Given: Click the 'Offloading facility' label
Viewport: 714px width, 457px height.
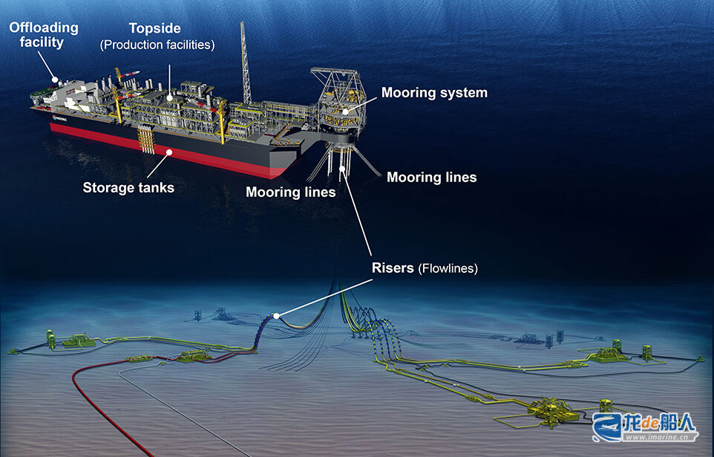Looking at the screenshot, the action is click(x=44, y=35).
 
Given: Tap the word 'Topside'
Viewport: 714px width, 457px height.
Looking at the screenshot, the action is click(x=155, y=28).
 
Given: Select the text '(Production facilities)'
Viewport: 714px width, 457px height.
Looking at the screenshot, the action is click(x=157, y=45).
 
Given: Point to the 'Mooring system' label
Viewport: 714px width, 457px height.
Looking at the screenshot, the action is click(x=434, y=93).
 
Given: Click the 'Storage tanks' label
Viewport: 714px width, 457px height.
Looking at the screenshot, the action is click(x=128, y=187).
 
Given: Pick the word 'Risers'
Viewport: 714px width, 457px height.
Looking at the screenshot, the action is click(x=393, y=268).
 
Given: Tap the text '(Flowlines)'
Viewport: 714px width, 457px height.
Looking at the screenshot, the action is click(x=448, y=268).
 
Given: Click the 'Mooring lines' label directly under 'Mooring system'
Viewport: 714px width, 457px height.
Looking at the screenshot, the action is click(x=432, y=177).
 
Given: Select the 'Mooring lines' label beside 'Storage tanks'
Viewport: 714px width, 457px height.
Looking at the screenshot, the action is click(x=290, y=192).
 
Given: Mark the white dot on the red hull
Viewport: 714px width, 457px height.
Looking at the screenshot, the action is click(x=169, y=152).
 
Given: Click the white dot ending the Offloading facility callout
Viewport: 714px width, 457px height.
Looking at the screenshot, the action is click(x=55, y=80).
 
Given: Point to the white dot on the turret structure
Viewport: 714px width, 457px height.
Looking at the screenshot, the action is click(x=345, y=111).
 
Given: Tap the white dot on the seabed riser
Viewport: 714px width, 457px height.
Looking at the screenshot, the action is click(x=276, y=316).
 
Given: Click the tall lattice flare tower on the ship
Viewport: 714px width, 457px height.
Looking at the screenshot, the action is click(x=246, y=63).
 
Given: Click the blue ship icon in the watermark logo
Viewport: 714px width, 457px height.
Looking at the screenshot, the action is click(x=607, y=427).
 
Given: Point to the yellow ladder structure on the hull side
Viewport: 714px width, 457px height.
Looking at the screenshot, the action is click(x=147, y=140).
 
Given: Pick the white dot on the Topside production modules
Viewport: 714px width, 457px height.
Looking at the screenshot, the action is click(x=169, y=97).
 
